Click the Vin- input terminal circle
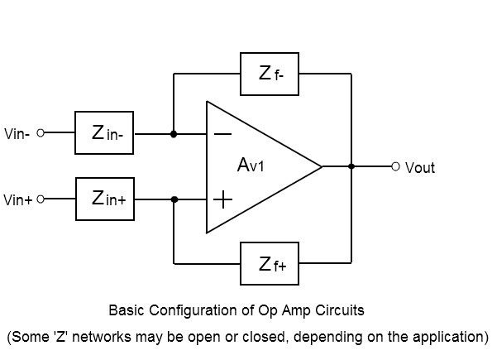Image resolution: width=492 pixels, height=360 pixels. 41,133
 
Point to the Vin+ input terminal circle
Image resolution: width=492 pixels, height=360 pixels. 41,199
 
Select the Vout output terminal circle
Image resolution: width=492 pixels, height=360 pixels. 396,166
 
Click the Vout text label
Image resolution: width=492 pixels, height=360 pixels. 420,167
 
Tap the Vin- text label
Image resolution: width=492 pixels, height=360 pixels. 17,134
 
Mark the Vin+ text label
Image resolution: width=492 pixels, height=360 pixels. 18,199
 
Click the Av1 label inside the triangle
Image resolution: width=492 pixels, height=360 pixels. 251,165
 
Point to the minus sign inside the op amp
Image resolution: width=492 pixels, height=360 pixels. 222,134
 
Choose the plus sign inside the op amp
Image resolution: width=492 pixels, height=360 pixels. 222,199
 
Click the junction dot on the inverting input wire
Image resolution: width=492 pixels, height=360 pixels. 174,134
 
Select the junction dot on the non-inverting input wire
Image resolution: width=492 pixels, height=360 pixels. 174,199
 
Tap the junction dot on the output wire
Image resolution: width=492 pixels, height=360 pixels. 351,166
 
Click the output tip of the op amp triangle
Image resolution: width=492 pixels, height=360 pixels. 322,166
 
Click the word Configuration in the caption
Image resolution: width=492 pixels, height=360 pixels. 193,310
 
